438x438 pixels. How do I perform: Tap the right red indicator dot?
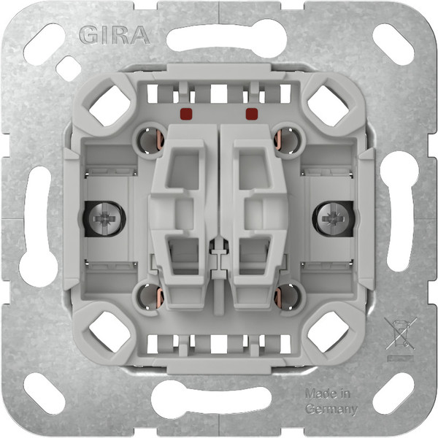pyautogui.click(x=253, y=113)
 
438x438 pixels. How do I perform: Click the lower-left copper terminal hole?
pyautogui.click(x=148, y=295)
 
